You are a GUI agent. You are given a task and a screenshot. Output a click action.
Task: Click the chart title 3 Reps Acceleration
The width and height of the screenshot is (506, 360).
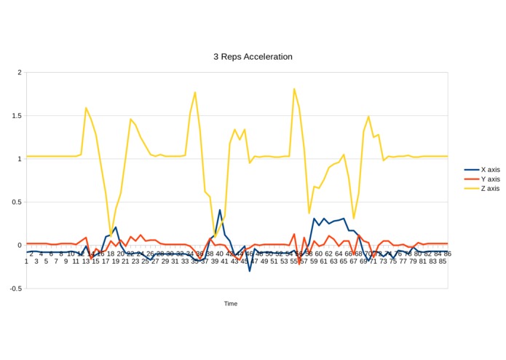[253, 56]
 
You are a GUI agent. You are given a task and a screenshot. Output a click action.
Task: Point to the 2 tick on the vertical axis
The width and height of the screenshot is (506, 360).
[19, 72]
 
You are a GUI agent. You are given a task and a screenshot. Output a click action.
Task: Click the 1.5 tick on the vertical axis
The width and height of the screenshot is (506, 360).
[16, 116]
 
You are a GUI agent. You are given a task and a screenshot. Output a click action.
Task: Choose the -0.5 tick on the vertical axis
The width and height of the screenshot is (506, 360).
[15, 289]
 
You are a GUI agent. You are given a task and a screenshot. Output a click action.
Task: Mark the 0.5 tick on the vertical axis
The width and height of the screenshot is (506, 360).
[16, 202]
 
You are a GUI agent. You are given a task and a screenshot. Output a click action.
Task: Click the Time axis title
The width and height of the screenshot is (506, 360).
[230, 304]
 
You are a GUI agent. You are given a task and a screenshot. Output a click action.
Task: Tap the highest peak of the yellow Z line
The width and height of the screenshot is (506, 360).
[294, 89]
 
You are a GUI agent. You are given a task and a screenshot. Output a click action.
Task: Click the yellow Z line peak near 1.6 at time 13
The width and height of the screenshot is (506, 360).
[86, 108]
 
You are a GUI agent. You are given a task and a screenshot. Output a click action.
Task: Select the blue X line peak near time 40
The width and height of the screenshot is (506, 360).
[220, 210]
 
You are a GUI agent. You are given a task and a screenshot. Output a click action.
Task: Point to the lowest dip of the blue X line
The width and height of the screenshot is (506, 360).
[250, 271]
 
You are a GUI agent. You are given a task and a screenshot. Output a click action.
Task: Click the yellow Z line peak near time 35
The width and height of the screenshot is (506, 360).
[195, 93]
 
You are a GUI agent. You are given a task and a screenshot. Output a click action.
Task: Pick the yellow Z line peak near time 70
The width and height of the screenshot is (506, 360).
[368, 117]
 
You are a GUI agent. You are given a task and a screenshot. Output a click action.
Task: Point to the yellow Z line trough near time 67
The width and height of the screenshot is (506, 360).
[354, 218]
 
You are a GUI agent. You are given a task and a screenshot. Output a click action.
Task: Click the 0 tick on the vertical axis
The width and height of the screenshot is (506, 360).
[19, 245]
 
